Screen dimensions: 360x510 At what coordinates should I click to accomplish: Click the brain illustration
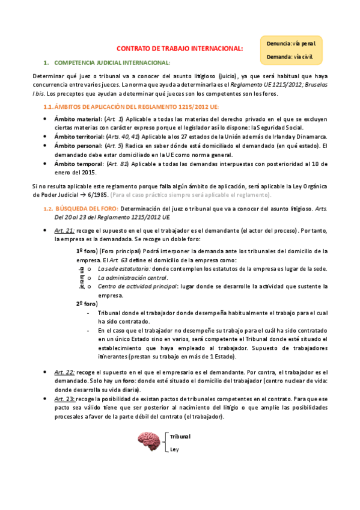coord(148,441)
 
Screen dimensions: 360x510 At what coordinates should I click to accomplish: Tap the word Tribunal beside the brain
coord(180,436)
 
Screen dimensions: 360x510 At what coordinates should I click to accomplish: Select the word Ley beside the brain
coord(174,449)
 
